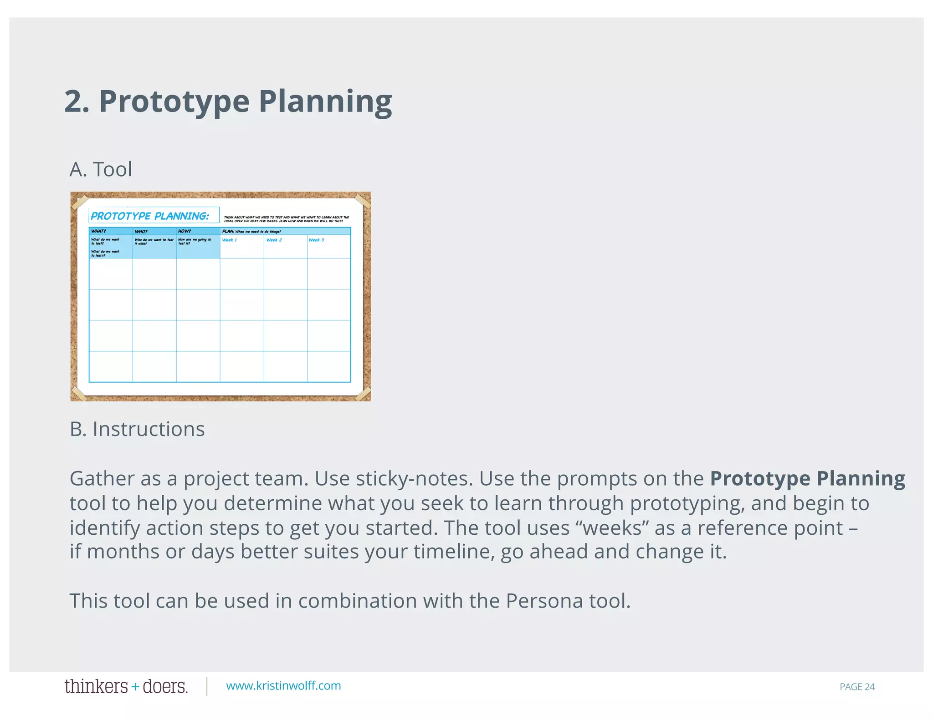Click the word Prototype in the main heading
[x=174, y=102]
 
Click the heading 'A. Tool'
[x=101, y=169]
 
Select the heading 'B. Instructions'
[x=137, y=429]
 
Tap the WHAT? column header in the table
[x=98, y=231]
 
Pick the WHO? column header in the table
[x=141, y=231]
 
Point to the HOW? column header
[x=185, y=231]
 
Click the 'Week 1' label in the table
[x=229, y=240]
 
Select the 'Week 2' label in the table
[x=274, y=240]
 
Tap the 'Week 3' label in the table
[x=316, y=240]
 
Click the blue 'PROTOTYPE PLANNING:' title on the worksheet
[x=150, y=216]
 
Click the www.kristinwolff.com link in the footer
[x=283, y=686]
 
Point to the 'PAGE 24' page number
[x=857, y=687]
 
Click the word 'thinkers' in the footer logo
[x=96, y=686]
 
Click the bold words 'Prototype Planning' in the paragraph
[x=807, y=479]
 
